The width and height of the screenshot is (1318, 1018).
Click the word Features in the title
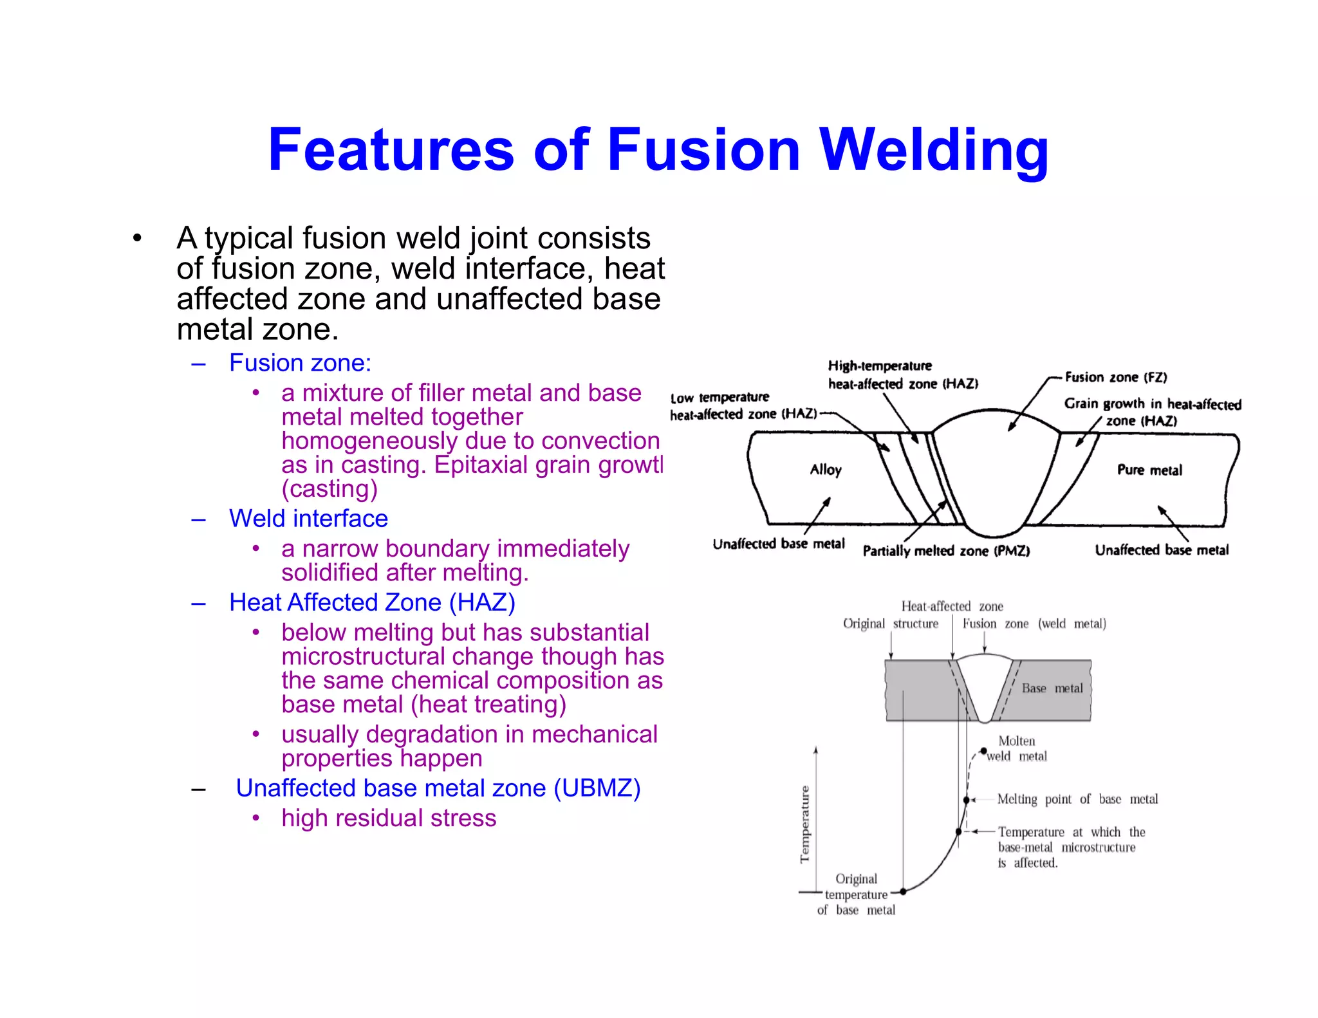(391, 150)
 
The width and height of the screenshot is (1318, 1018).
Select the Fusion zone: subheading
(300, 363)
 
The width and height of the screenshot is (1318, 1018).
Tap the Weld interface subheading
(308, 519)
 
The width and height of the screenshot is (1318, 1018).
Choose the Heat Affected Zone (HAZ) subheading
(372, 602)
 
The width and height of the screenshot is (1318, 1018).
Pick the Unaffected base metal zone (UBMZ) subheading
(438, 788)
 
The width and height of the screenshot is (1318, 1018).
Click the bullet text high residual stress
(389, 818)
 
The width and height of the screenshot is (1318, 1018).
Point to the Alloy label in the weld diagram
(826, 470)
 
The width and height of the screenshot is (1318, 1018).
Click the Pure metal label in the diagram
(1149, 470)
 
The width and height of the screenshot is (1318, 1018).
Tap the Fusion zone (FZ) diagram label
(1115, 377)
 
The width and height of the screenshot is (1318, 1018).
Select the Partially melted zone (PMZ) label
(946, 551)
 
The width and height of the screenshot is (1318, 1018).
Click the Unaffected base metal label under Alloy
(779, 544)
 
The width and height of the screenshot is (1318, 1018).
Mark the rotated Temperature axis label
(804, 824)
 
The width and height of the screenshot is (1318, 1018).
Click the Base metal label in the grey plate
(1052, 688)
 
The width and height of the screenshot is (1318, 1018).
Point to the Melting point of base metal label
(1077, 799)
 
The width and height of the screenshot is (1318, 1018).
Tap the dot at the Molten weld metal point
(983, 751)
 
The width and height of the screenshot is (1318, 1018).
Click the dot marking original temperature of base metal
(904, 891)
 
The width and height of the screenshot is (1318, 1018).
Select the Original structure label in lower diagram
(891, 624)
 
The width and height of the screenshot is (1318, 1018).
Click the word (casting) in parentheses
(329, 488)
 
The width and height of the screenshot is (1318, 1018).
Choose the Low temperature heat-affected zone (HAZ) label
(743, 406)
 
